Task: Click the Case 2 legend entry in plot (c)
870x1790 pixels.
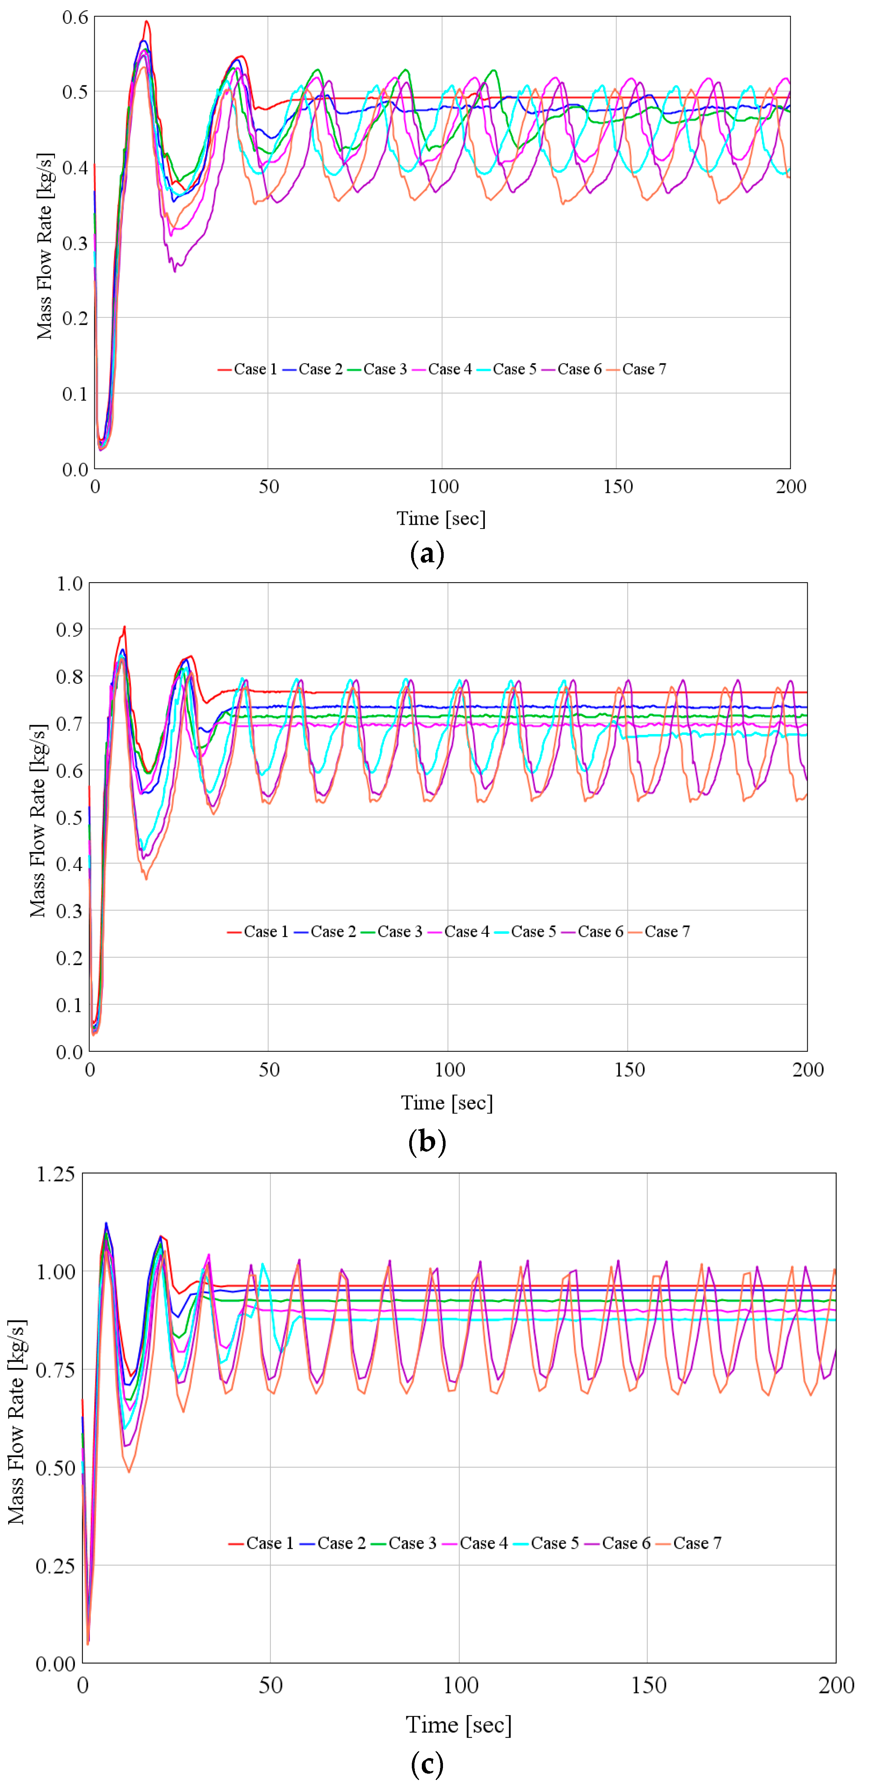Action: (x=334, y=1543)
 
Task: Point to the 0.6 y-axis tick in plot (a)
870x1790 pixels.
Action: (x=75, y=17)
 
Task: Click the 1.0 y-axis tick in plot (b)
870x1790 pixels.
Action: (x=69, y=584)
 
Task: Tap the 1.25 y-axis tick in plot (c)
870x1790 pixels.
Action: (x=56, y=1174)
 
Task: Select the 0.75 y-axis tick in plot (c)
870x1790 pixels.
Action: (x=56, y=1370)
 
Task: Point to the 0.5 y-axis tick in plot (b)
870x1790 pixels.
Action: (x=69, y=817)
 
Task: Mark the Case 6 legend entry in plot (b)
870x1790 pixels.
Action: (x=592, y=932)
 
